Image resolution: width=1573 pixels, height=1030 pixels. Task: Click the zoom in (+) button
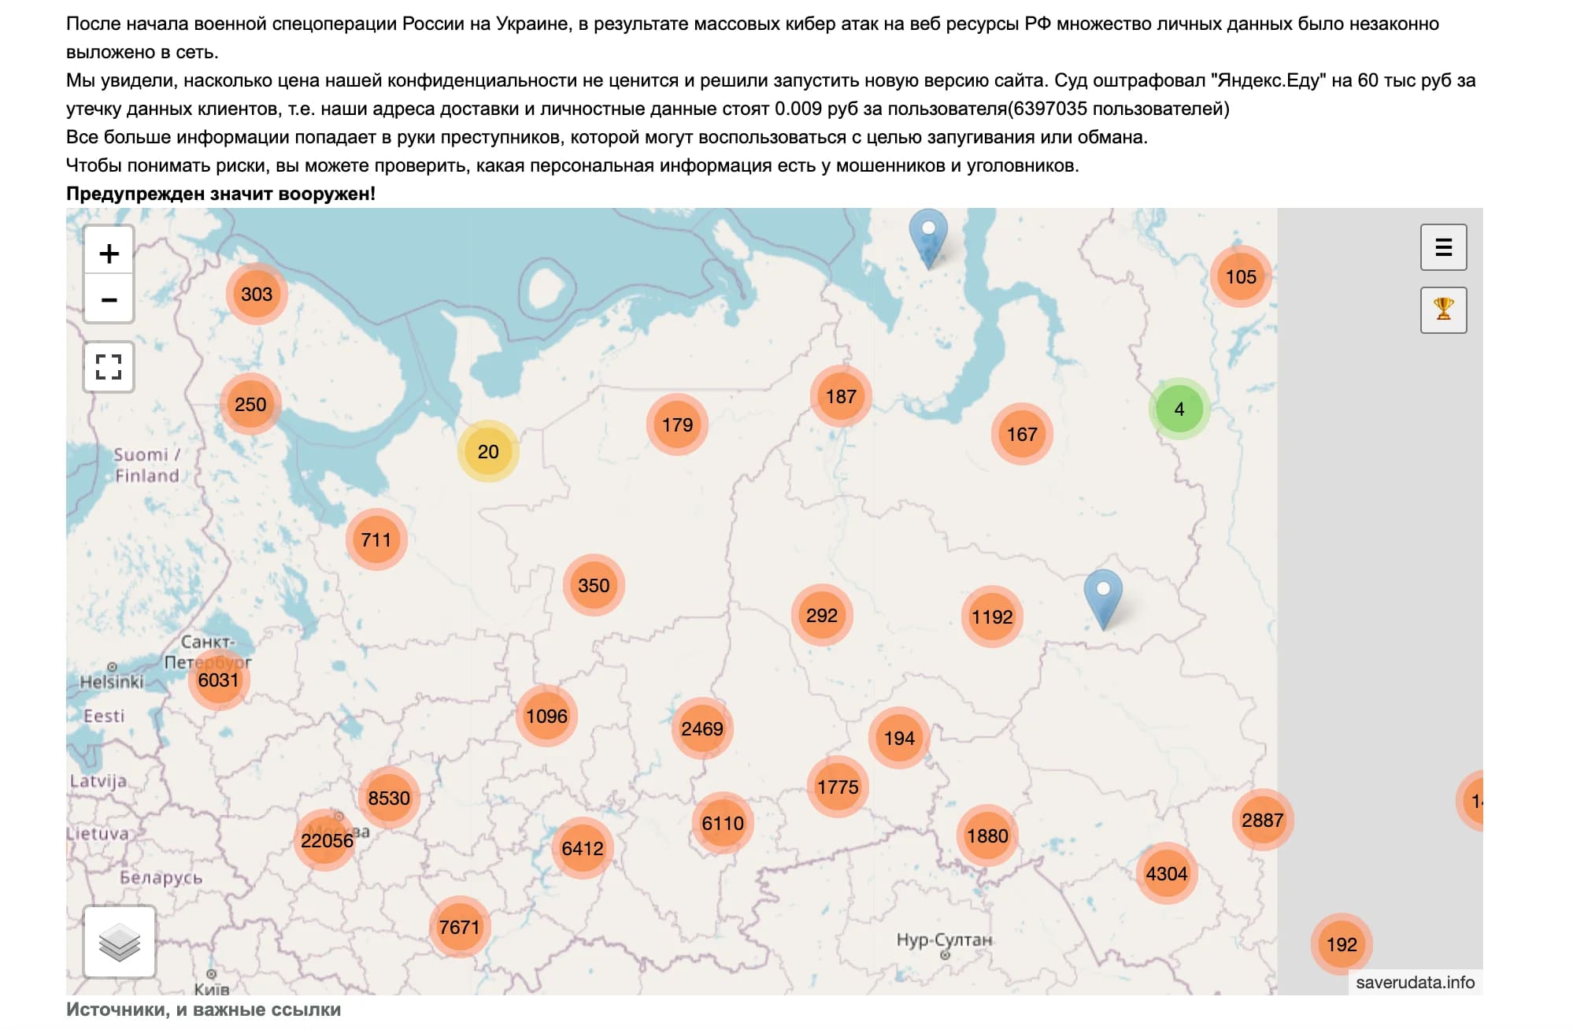109,253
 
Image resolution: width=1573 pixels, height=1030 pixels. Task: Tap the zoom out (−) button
109,299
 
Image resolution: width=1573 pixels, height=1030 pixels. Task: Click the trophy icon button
1443,309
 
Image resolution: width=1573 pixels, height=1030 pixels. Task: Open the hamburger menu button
1443,247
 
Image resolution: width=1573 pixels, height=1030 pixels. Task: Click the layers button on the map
120,942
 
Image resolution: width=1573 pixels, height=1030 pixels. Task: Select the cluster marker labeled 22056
327,840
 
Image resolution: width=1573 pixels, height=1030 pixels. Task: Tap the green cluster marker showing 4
1179,409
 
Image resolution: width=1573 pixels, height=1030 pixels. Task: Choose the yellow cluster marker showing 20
488,451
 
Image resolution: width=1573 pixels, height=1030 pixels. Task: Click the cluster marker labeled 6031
218,680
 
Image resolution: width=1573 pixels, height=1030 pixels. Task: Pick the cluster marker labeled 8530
389,798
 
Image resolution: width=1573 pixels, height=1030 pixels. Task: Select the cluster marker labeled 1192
991,617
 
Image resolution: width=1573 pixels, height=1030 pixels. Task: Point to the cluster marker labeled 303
257,294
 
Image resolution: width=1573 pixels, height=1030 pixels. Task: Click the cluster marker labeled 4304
1166,873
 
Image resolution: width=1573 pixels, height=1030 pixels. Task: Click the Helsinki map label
112,682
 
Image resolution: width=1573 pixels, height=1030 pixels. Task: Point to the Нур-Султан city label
944,939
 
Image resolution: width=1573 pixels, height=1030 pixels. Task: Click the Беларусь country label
161,877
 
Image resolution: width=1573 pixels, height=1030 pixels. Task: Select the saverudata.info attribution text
1415,982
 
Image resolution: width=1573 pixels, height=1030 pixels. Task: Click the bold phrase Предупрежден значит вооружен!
220,194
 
